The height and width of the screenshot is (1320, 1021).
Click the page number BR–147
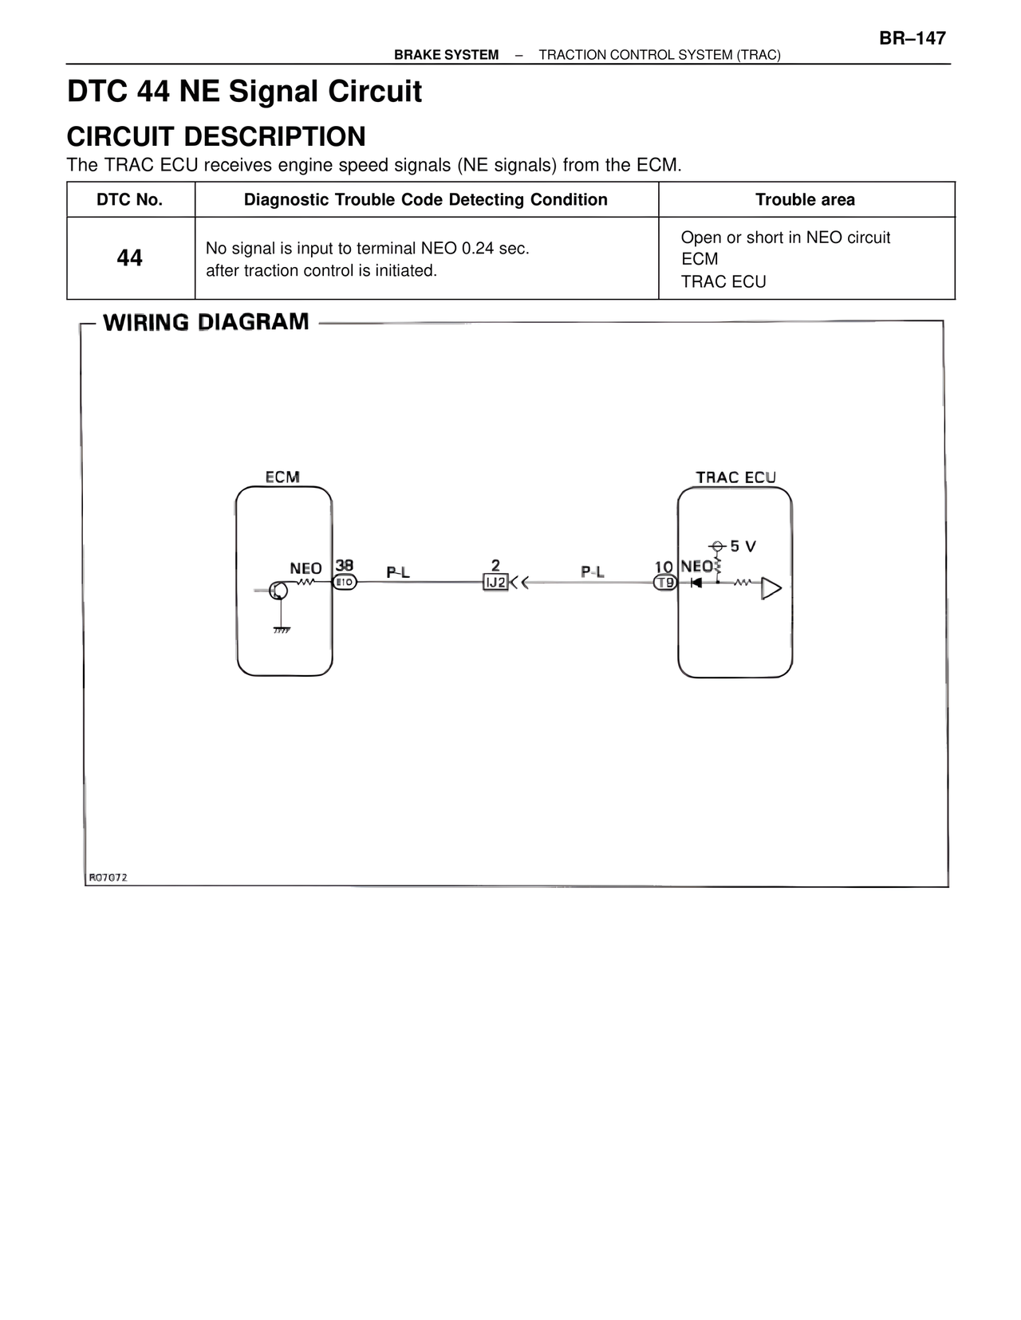(913, 38)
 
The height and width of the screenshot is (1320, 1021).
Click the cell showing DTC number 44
(130, 258)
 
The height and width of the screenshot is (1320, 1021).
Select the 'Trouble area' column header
(805, 200)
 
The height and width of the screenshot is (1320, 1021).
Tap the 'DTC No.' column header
(130, 200)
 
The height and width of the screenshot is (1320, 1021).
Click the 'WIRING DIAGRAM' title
(206, 322)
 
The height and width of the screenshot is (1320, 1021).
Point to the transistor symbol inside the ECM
(278, 591)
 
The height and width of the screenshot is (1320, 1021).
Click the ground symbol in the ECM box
(281, 629)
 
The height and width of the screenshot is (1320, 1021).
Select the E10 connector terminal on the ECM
(345, 583)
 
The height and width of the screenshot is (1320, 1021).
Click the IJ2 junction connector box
(495, 583)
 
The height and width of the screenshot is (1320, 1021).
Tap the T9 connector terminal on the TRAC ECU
(664, 583)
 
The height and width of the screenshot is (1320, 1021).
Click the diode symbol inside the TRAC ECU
(696, 583)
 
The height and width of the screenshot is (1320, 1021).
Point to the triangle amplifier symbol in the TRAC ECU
(771, 588)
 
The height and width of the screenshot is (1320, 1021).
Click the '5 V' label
(743, 547)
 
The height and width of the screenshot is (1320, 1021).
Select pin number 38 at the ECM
(344, 566)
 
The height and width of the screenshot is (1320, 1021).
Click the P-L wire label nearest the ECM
(398, 572)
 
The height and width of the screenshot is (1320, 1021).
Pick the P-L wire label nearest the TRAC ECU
(592, 572)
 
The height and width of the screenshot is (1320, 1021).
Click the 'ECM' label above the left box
(282, 477)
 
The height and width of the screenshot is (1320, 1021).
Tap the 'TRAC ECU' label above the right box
(735, 477)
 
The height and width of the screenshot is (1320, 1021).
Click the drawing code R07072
(108, 878)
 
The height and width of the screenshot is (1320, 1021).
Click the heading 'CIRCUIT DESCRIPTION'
(216, 137)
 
